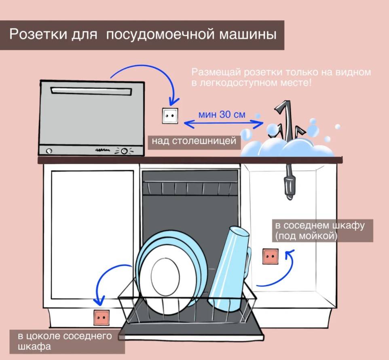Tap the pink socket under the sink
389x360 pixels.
tap(270, 257)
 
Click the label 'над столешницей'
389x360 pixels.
tap(194, 141)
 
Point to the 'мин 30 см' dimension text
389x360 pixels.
tap(222, 114)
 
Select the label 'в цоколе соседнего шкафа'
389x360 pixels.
tap(65, 341)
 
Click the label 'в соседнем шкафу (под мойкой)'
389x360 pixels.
tap(319, 231)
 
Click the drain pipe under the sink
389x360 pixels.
tap(289, 182)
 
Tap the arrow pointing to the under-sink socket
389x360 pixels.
tap(279, 275)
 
